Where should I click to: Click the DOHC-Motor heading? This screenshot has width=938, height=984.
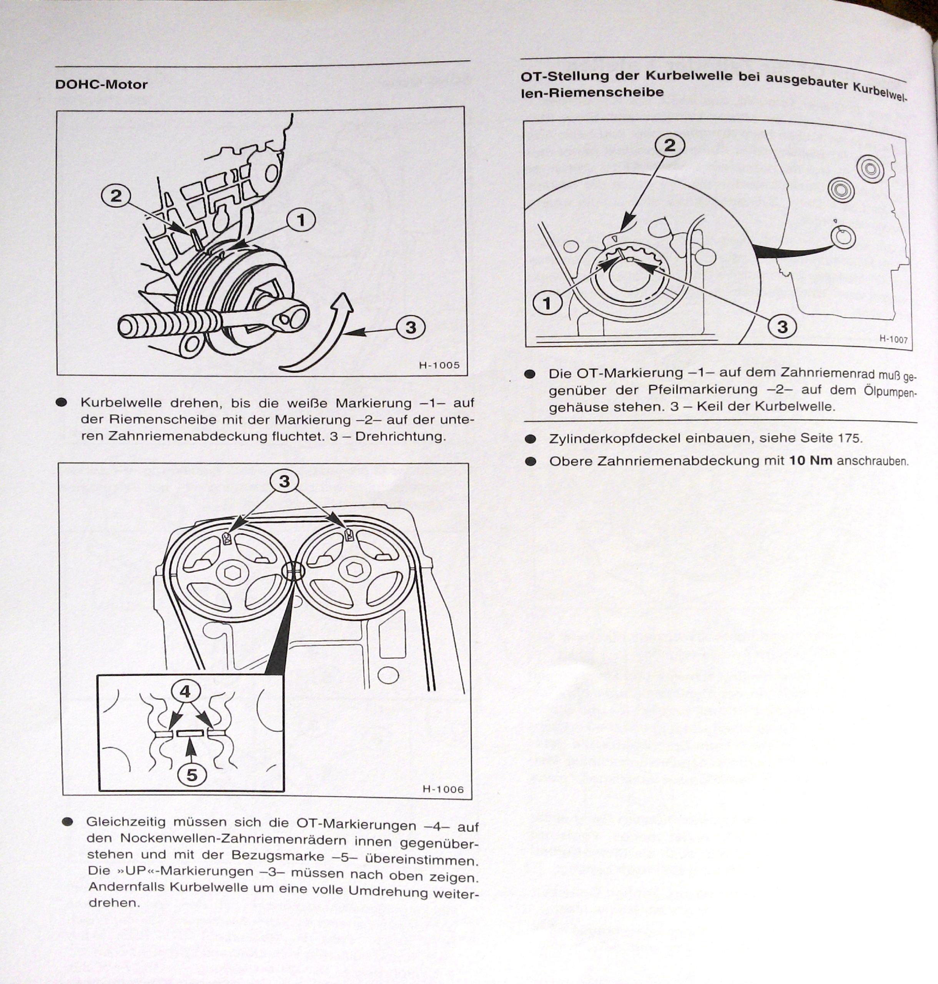(101, 85)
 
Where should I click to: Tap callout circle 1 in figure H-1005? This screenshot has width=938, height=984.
(301, 220)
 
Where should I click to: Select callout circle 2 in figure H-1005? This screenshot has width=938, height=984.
(116, 196)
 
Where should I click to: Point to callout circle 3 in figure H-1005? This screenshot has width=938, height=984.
(411, 327)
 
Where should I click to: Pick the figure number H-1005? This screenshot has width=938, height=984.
(439, 365)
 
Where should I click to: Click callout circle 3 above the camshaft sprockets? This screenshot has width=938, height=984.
(284, 481)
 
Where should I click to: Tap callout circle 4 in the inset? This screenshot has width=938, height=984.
(186, 691)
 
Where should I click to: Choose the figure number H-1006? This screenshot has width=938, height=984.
(442, 790)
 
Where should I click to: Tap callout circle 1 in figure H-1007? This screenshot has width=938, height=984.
(547, 303)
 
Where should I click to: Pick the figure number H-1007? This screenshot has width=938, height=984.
(893, 339)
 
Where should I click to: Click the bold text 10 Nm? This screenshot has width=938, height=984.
(810, 460)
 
